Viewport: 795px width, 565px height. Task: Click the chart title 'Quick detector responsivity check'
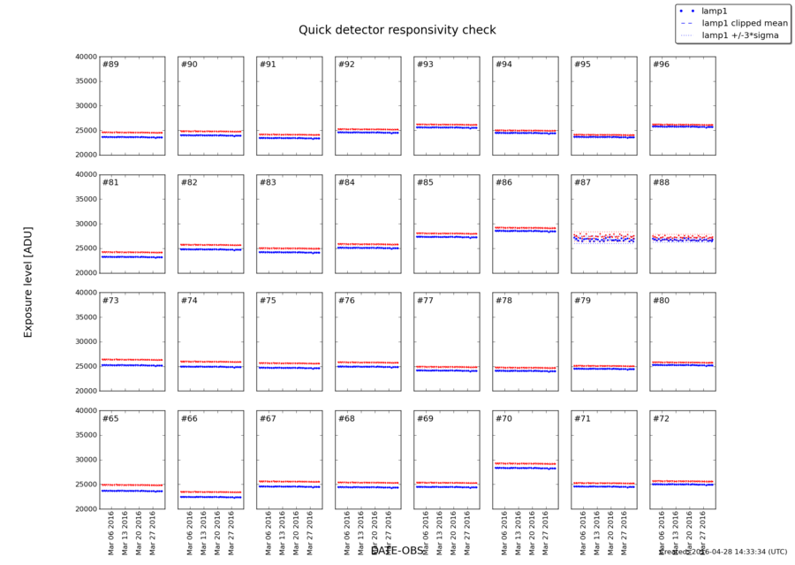pyautogui.click(x=397, y=30)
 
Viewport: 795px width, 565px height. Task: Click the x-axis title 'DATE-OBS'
pyautogui.click(x=397, y=551)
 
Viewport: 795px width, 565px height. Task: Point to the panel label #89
pyautogui.click(x=110, y=65)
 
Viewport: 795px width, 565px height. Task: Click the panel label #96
pyautogui.click(x=661, y=65)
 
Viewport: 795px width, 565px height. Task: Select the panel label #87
pyautogui.click(x=582, y=182)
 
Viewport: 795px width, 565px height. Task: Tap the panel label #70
pyautogui.click(x=503, y=418)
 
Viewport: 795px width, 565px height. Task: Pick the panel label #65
pyautogui.click(x=110, y=418)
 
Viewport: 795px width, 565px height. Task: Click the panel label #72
pyautogui.click(x=661, y=418)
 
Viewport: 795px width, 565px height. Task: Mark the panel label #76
pyautogui.click(x=346, y=301)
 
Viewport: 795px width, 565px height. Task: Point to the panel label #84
pyautogui.click(x=346, y=182)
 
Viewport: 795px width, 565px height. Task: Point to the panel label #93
pyautogui.click(x=425, y=65)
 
